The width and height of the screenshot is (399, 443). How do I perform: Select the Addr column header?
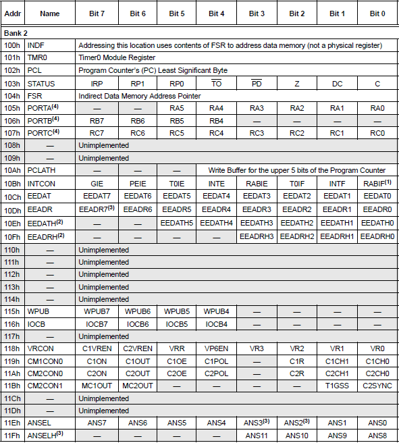(x=11, y=14)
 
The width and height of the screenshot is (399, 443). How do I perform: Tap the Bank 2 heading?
(x=16, y=32)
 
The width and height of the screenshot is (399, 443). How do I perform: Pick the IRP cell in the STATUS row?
(x=97, y=83)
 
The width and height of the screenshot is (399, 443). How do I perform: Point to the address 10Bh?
(x=11, y=183)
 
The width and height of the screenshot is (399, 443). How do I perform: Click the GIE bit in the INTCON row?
(x=97, y=183)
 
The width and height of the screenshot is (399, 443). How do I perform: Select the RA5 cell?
(x=177, y=108)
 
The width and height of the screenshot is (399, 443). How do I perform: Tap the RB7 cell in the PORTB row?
(x=97, y=121)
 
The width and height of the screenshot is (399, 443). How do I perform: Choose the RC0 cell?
(x=377, y=133)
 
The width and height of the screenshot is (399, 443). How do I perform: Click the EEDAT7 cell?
(x=97, y=196)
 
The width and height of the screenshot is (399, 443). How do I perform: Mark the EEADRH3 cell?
(x=257, y=236)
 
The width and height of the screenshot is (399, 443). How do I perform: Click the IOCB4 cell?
(x=216, y=323)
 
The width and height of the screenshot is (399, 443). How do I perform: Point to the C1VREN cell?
(x=97, y=348)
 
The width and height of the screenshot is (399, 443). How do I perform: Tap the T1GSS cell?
(x=337, y=386)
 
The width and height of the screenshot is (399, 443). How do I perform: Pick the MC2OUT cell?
(x=137, y=386)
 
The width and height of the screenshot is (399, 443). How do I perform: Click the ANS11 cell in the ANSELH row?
(x=257, y=436)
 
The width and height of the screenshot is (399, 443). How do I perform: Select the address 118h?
(x=11, y=348)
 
